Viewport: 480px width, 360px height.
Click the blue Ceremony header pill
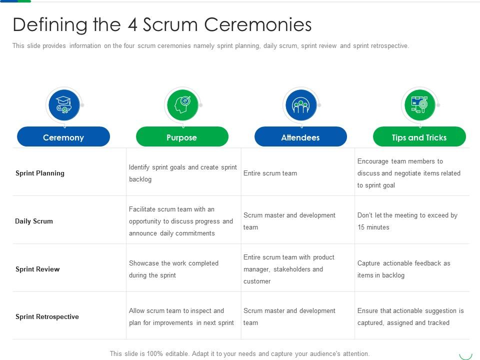point(63,136)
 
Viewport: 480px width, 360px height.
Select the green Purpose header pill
point(182,136)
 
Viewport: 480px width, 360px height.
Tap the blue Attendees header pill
point(300,136)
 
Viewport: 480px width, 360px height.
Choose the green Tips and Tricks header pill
point(419,136)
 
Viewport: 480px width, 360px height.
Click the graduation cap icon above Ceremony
point(64,105)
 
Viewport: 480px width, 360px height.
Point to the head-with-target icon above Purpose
point(182,105)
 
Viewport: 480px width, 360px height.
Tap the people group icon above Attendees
point(301,105)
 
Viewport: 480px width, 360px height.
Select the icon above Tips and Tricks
point(419,105)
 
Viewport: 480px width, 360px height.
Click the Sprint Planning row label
point(40,173)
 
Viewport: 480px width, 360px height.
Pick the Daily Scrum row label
point(34,221)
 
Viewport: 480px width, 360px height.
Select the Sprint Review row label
point(37,269)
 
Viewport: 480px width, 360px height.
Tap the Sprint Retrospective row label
point(47,316)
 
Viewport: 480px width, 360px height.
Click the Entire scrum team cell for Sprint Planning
point(270,173)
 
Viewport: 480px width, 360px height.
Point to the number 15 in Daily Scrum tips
point(361,227)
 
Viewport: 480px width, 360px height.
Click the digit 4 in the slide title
point(132,24)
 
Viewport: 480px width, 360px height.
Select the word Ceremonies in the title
point(258,24)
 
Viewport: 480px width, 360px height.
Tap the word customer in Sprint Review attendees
point(257,281)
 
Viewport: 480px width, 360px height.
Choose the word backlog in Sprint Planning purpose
point(140,179)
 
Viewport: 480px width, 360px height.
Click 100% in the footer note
point(154,353)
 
